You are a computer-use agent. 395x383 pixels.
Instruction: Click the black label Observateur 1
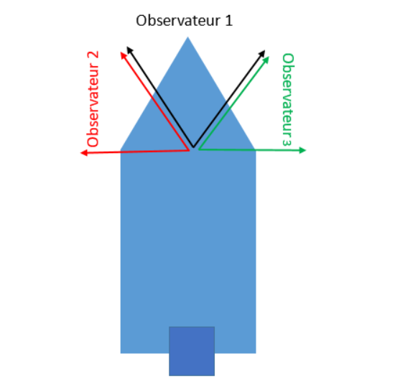184,20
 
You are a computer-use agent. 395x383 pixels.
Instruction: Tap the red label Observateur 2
93,99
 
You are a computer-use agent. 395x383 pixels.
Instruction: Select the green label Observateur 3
288,100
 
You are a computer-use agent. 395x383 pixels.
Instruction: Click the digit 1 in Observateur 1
228,20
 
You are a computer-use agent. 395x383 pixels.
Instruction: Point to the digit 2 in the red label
93,55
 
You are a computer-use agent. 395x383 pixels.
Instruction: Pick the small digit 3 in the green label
287,142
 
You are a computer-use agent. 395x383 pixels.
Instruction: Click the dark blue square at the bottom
192,351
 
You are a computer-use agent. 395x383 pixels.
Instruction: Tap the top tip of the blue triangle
187,37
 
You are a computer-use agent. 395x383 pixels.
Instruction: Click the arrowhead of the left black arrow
129,50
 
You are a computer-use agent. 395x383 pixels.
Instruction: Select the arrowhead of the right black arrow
262,53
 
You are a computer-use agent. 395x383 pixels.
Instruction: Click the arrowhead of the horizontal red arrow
83,153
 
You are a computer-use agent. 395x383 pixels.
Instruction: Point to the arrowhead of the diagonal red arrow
123,55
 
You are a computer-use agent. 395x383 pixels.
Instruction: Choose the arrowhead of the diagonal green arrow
266,60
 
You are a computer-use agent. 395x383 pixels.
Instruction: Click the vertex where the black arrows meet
193,147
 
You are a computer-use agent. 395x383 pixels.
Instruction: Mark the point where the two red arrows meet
189,150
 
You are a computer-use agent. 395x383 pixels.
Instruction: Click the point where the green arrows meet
199,149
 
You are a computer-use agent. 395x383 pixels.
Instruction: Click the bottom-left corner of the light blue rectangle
121,354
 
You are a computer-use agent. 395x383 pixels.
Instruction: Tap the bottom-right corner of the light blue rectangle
256,354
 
